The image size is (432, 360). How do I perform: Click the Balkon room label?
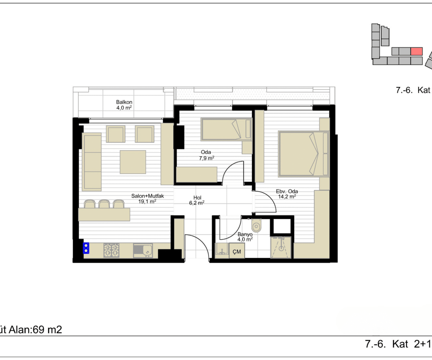pyautogui.click(x=124, y=102)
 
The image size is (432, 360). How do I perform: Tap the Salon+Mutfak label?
pyautogui.click(x=148, y=196)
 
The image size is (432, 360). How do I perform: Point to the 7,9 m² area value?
pyautogui.click(x=207, y=158)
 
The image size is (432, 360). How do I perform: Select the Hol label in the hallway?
pyautogui.click(x=197, y=198)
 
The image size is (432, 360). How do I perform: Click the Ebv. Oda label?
pyautogui.click(x=287, y=191)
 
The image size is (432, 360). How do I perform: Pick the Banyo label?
pyautogui.click(x=245, y=234)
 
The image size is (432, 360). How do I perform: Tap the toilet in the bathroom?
pyautogui.click(x=257, y=225)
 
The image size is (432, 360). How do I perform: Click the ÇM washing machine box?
pyautogui.click(x=237, y=251)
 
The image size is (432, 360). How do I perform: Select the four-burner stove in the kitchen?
pyautogui.click(x=111, y=250)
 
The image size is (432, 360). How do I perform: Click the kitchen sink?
pyautogui.click(x=143, y=250)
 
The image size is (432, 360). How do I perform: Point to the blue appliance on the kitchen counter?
pyautogui.click(x=86, y=248)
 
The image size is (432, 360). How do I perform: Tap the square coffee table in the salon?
pyautogui.click(x=133, y=162)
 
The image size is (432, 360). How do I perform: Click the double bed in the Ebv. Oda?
pyautogui.click(x=303, y=154)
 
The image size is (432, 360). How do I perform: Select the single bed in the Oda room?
pyautogui.click(x=226, y=130)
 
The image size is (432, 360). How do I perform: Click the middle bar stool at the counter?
pyautogui.click(x=104, y=204)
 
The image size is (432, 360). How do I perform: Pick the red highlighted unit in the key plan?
pyautogui.click(x=417, y=51)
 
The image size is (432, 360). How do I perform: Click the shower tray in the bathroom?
pyautogui.click(x=281, y=247)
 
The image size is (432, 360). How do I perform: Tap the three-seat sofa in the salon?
pyautogui.click(x=92, y=162)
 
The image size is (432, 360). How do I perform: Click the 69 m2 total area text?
pyautogui.click(x=47, y=330)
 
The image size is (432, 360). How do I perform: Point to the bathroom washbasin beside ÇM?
pyautogui.click(x=222, y=251)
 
